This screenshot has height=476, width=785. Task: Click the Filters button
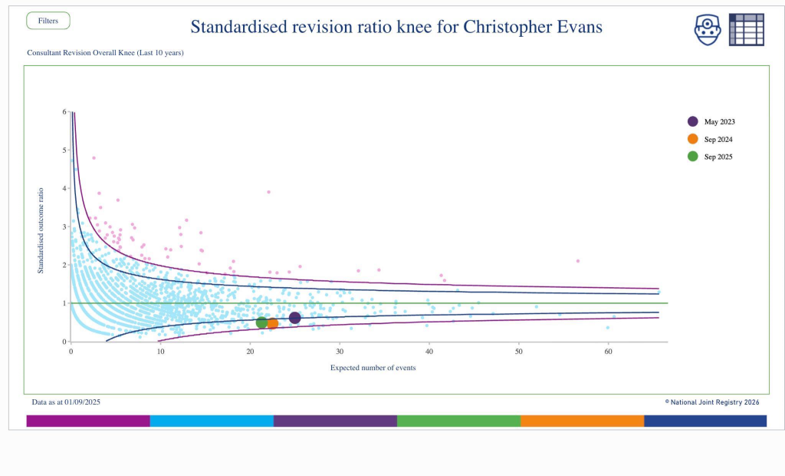(48, 21)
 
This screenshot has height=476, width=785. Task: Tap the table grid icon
(746, 29)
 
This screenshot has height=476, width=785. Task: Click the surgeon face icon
(708, 29)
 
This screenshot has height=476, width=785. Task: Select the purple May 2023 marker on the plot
(295, 318)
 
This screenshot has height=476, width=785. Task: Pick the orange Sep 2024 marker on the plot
(272, 323)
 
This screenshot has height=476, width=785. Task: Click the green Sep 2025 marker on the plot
(262, 322)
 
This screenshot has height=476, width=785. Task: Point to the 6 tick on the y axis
(64, 111)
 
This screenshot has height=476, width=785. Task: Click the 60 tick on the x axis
(608, 352)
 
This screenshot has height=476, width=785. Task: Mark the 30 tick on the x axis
(340, 352)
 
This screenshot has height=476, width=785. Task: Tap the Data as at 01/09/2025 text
(66, 402)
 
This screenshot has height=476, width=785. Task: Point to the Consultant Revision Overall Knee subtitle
(105, 53)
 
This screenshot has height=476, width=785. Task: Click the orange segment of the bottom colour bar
(582, 421)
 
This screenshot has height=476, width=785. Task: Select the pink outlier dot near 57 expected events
(578, 261)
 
